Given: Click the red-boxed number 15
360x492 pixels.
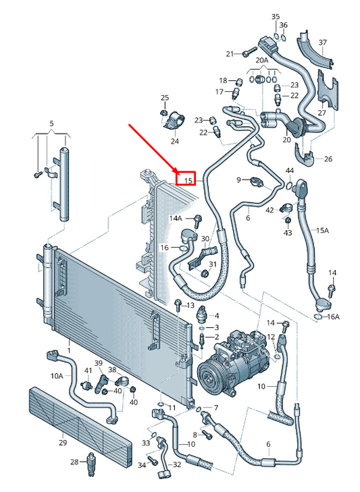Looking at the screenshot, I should pos(188,180).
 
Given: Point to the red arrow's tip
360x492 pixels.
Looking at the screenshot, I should pos(177,174).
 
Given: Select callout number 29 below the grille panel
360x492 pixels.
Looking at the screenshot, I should pos(62,443).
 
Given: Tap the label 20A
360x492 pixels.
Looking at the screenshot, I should pos(261,60).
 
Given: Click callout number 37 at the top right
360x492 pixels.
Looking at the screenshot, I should pos(322,42).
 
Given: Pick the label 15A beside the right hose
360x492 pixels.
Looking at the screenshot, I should pos(323,230).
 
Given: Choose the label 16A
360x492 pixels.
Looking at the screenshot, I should pos(334,316).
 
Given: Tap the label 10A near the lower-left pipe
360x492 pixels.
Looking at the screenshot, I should pos(56,376).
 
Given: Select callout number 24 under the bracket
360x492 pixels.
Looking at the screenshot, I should pos(174,141).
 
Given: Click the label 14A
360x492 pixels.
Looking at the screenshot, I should pos(176,218).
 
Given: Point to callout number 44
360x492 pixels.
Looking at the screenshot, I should pos(289,170).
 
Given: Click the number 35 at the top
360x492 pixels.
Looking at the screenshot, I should pos(275,16).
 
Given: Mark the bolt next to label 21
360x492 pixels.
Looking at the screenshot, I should pos(247,52).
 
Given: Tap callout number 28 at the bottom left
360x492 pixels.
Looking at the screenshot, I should pos(75,462).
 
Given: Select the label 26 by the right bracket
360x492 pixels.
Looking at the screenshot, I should pos(329,159).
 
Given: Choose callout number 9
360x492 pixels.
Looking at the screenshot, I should pos(238,179).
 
